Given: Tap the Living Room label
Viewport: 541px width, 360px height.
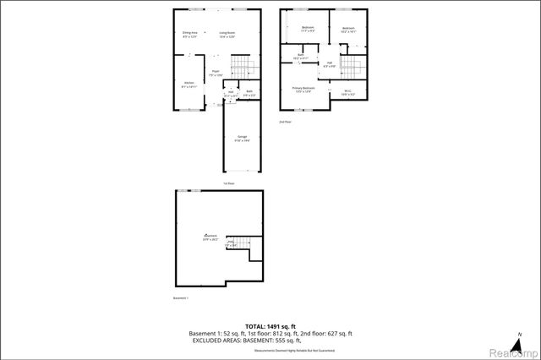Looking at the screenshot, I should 227,35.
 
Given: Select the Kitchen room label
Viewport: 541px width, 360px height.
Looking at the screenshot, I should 189,84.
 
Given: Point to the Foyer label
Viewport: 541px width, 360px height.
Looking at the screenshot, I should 216,74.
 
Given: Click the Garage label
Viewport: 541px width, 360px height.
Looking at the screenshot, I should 242,139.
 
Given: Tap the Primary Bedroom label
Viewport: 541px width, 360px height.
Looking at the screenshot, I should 303,90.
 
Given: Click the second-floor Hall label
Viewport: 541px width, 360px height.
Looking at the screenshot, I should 328,64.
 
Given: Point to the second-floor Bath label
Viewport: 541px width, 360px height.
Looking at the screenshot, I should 300,57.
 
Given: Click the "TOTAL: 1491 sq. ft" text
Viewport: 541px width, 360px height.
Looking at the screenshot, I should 270,325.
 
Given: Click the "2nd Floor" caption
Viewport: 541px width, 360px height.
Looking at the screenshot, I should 286,122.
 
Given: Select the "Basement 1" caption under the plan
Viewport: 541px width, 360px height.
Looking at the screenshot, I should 181,298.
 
